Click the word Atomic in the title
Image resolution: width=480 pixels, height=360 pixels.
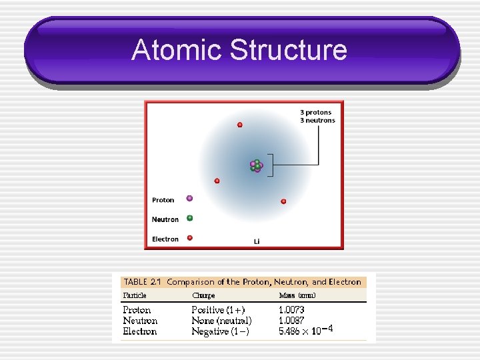click(177, 50)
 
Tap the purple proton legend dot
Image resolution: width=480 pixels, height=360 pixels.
click(190, 199)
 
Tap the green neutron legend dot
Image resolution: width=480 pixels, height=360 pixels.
click(190, 218)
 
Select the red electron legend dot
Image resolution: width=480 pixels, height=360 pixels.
click(190, 237)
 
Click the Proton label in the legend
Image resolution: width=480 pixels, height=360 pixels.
click(163, 200)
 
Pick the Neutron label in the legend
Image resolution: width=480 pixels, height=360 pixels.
click(165, 219)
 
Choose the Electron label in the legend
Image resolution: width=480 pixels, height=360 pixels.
click(165, 239)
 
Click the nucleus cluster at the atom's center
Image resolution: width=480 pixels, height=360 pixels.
click(256, 165)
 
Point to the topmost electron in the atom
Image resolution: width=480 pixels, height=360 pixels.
click(240, 125)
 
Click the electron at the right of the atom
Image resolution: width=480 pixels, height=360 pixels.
click(283, 201)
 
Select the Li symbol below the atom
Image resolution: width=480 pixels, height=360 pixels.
click(257, 241)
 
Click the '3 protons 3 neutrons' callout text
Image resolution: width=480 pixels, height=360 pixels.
click(317, 116)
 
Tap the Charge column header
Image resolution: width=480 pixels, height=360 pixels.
click(203, 295)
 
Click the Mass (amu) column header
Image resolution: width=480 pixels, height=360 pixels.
click(297, 295)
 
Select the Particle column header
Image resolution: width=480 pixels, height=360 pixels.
click(135, 295)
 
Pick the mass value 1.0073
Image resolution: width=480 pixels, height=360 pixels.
click(291, 310)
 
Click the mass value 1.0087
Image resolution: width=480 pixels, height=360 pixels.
click(291, 321)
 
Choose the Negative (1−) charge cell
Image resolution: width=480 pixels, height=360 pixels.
click(220, 331)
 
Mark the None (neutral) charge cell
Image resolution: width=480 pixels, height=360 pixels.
click(221, 321)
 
